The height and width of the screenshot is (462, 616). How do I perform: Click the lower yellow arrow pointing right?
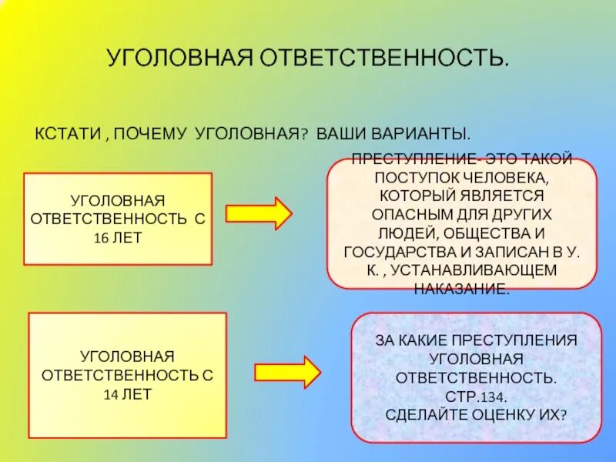[287, 372]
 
